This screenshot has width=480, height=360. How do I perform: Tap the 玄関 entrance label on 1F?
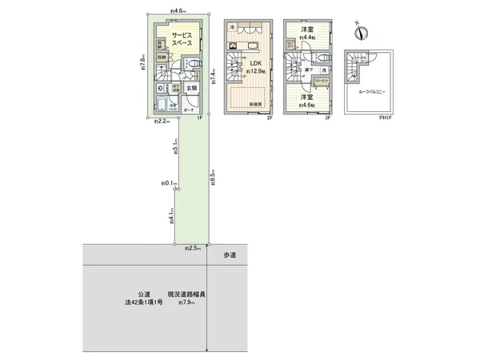coord(193,89)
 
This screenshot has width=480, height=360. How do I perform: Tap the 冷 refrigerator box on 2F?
coord(232,29)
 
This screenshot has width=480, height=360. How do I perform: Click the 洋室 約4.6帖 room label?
coord(306,102)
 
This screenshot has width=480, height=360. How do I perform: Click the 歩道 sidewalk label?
coord(230,254)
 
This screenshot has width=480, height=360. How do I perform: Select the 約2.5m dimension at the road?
coord(192,250)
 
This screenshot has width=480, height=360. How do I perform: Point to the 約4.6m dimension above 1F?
coord(178,10)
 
